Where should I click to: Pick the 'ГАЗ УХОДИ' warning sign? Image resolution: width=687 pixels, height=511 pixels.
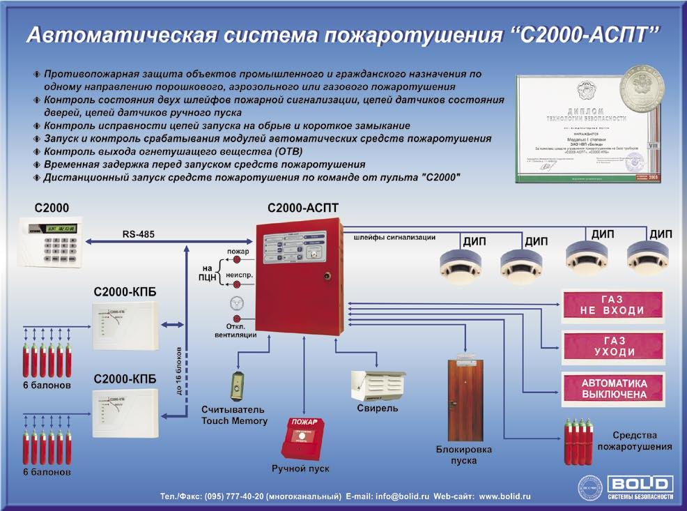tap(612, 344)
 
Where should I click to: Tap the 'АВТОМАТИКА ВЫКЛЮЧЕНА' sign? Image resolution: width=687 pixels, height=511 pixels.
tap(613, 389)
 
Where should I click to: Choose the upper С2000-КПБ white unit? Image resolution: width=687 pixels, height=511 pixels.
tap(125, 327)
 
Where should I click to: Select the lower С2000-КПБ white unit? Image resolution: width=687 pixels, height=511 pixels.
tap(125, 412)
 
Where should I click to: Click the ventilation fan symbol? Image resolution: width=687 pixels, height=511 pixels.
tap(238, 307)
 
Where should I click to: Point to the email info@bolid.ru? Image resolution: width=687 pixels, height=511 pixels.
tap(400, 496)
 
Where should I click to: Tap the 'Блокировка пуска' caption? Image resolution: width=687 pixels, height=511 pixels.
tap(457, 455)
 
